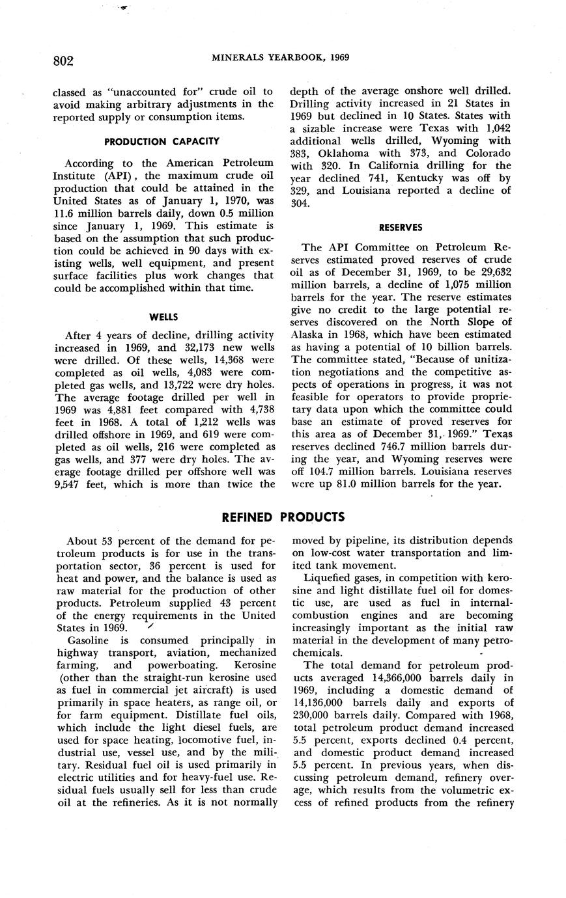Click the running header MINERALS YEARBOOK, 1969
pyautogui.click(x=281, y=57)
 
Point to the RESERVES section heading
pyautogui.click(x=401, y=227)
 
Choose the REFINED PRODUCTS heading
pyautogui.click(x=283, y=517)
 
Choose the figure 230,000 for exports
pyautogui.click(x=317, y=714)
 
